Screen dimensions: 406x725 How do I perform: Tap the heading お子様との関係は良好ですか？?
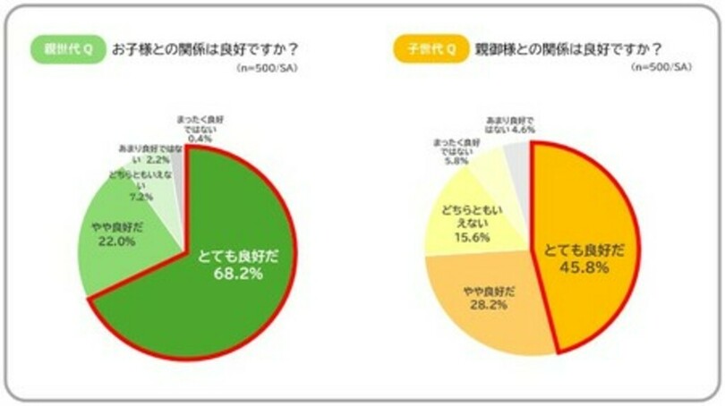204,50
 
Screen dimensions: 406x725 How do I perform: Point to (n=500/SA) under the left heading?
268,69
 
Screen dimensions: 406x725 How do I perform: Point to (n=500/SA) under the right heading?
661,69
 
